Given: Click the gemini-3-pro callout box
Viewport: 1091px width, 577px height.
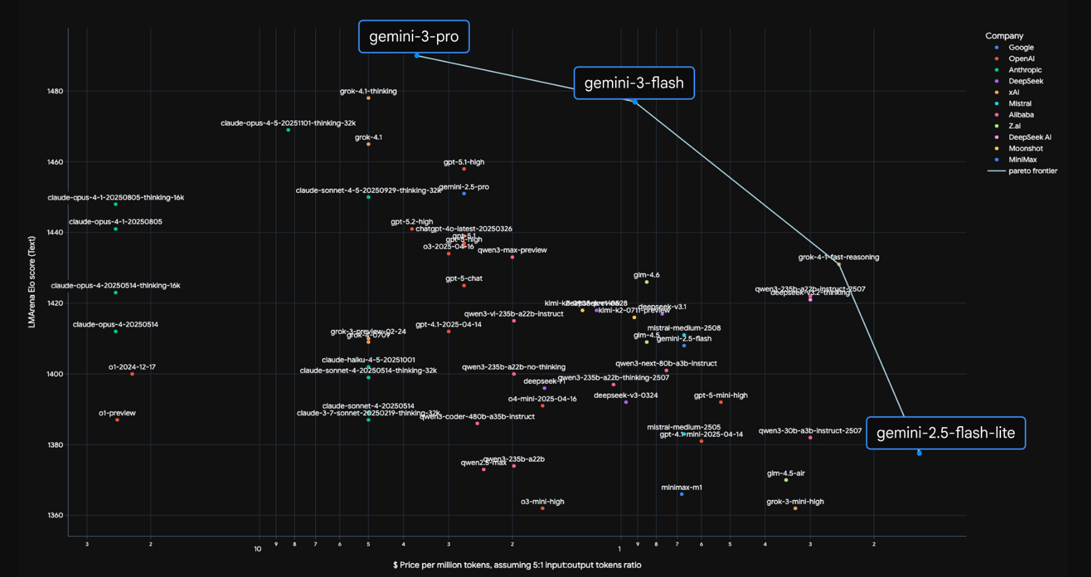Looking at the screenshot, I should click(x=414, y=37).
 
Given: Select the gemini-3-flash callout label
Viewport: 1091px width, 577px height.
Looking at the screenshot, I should click(x=634, y=83).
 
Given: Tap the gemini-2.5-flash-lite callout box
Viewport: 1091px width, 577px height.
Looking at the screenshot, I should click(x=946, y=433).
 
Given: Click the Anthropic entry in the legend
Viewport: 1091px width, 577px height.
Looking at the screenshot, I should click(x=1025, y=70).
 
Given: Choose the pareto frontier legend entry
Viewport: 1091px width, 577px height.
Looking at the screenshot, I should click(x=1033, y=171).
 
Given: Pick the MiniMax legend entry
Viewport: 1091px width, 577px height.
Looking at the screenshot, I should click(x=1022, y=160).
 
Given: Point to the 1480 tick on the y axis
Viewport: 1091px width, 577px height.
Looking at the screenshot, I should click(x=55, y=91).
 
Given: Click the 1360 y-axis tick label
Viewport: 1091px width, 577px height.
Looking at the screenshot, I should click(x=55, y=515).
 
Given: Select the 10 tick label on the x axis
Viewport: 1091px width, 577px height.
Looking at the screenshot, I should click(x=257, y=549).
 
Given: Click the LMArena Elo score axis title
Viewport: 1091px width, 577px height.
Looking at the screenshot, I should click(x=32, y=282).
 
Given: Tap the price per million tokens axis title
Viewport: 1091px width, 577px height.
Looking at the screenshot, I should click(x=517, y=565).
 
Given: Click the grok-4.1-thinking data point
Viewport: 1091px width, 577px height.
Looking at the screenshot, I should click(x=368, y=98).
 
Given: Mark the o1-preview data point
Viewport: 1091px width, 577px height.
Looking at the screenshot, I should click(x=117, y=420).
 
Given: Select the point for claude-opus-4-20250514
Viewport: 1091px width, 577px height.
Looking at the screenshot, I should click(x=116, y=331).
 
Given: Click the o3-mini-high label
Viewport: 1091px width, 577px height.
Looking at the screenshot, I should click(x=542, y=501).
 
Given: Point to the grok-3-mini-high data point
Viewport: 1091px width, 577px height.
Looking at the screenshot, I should click(x=795, y=509).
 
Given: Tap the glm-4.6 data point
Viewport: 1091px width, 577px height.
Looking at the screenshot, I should click(x=646, y=282).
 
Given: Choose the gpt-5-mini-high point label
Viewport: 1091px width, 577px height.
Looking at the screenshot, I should click(x=720, y=395).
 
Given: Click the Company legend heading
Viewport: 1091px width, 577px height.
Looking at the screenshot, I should click(x=1004, y=36).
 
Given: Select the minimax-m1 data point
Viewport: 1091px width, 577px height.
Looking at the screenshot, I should click(x=682, y=494).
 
